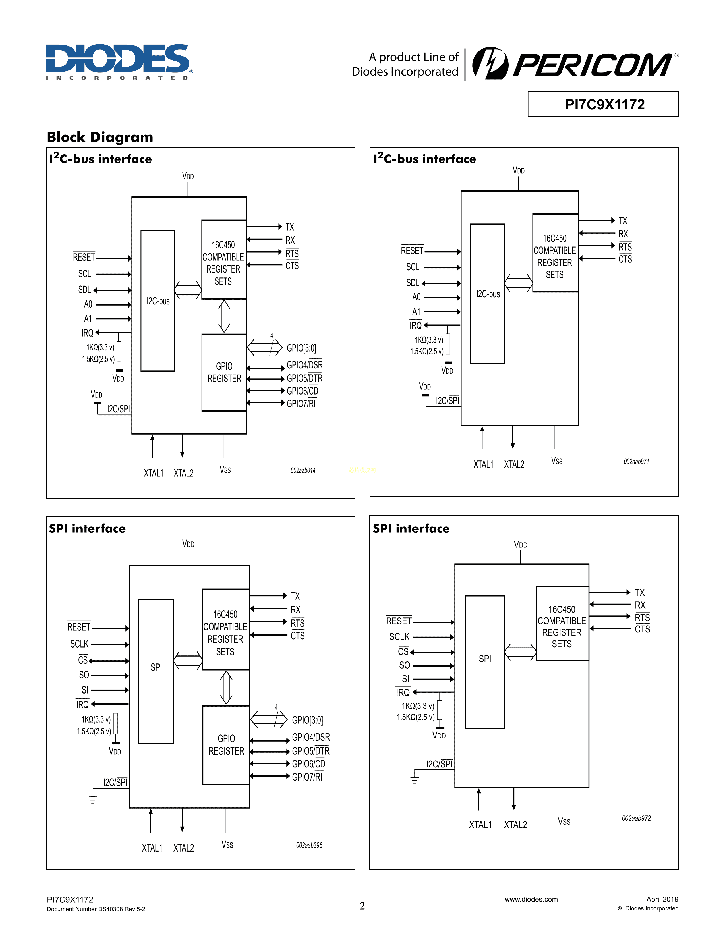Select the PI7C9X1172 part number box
(602, 104)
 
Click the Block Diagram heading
(100, 137)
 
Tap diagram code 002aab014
(303, 470)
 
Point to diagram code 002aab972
(636, 818)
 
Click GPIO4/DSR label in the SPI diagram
(310, 737)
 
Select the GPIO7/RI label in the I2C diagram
(301, 404)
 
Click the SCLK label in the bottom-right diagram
(399, 636)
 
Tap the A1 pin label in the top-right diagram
(416, 311)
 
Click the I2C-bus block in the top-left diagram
(158, 301)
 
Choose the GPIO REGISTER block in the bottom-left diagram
(226, 745)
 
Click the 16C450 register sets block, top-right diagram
(555, 253)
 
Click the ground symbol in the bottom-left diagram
(93, 799)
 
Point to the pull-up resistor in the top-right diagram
(448, 344)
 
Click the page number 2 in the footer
(362, 906)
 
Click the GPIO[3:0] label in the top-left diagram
(301, 348)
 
